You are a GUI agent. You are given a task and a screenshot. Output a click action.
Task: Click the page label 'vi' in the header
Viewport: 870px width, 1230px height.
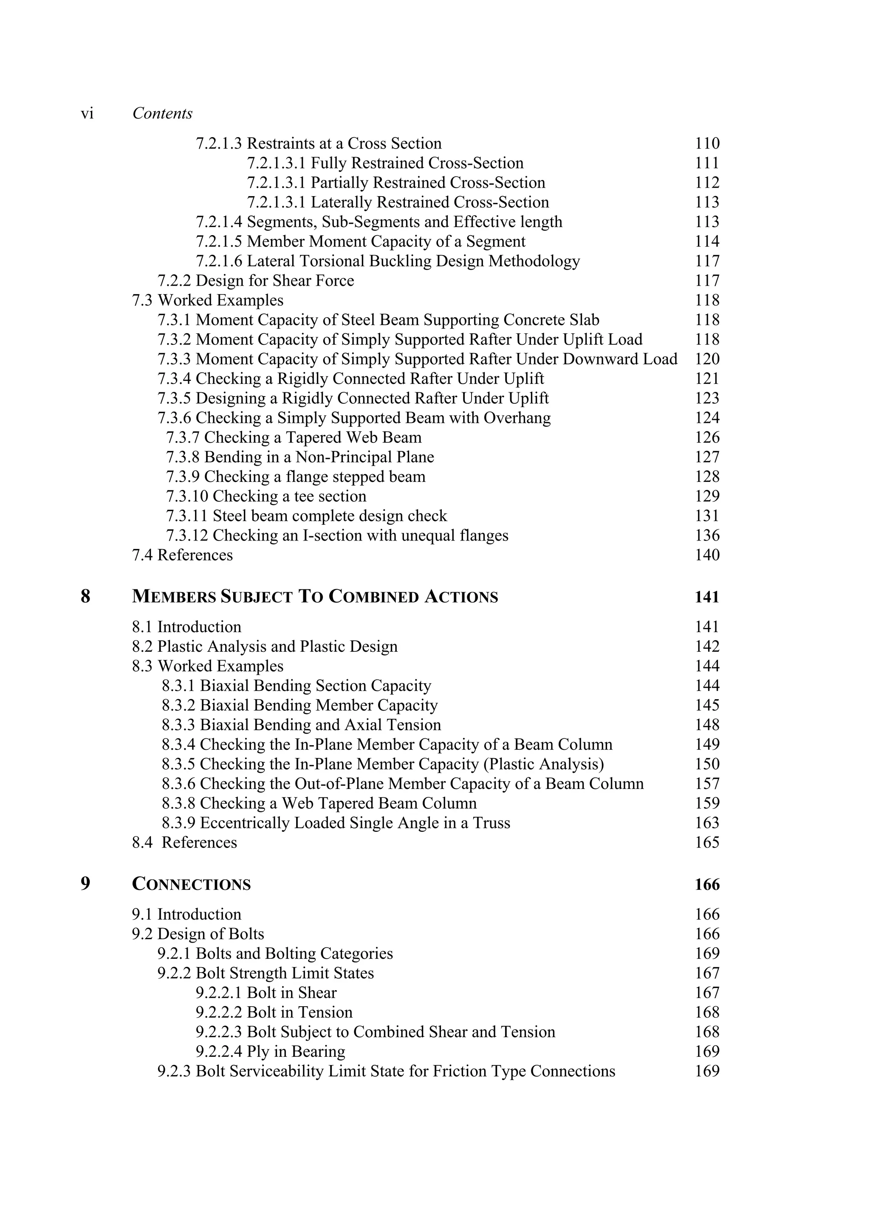coord(87,113)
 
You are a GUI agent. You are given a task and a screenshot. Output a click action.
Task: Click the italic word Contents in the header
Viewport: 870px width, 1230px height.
coord(162,113)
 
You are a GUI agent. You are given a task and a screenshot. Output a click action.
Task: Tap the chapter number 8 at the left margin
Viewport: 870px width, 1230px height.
coord(85,596)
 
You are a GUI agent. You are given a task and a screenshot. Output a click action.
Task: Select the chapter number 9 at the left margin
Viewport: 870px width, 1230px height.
coord(85,884)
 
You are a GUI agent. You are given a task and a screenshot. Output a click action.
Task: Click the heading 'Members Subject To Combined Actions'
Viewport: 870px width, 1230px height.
coord(315,597)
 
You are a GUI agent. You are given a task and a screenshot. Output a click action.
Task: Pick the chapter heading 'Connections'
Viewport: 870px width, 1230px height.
coord(191,884)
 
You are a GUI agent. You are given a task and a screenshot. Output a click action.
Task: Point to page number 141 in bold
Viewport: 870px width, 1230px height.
coord(706,597)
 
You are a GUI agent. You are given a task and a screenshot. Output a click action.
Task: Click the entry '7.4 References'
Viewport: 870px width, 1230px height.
coord(182,555)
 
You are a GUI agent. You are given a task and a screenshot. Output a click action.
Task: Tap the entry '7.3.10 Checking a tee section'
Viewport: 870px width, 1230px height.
coord(266,496)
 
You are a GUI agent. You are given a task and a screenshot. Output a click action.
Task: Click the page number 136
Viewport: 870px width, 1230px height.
coord(707,535)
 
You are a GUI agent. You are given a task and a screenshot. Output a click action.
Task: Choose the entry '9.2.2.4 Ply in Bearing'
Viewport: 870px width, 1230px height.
coord(270,1051)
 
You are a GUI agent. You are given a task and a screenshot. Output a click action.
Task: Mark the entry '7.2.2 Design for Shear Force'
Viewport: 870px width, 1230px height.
coord(256,281)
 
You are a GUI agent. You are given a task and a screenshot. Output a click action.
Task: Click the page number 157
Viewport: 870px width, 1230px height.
coord(707,783)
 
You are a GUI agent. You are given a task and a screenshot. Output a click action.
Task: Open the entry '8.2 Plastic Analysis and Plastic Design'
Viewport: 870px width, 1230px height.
coord(265,646)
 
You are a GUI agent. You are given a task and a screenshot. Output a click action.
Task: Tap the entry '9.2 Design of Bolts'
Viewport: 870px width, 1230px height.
coord(198,934)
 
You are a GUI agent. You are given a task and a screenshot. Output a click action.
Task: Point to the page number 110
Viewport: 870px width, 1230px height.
coord(707,144)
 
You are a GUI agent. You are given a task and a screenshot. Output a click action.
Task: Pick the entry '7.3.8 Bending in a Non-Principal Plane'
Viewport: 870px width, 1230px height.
coord(299,457)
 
